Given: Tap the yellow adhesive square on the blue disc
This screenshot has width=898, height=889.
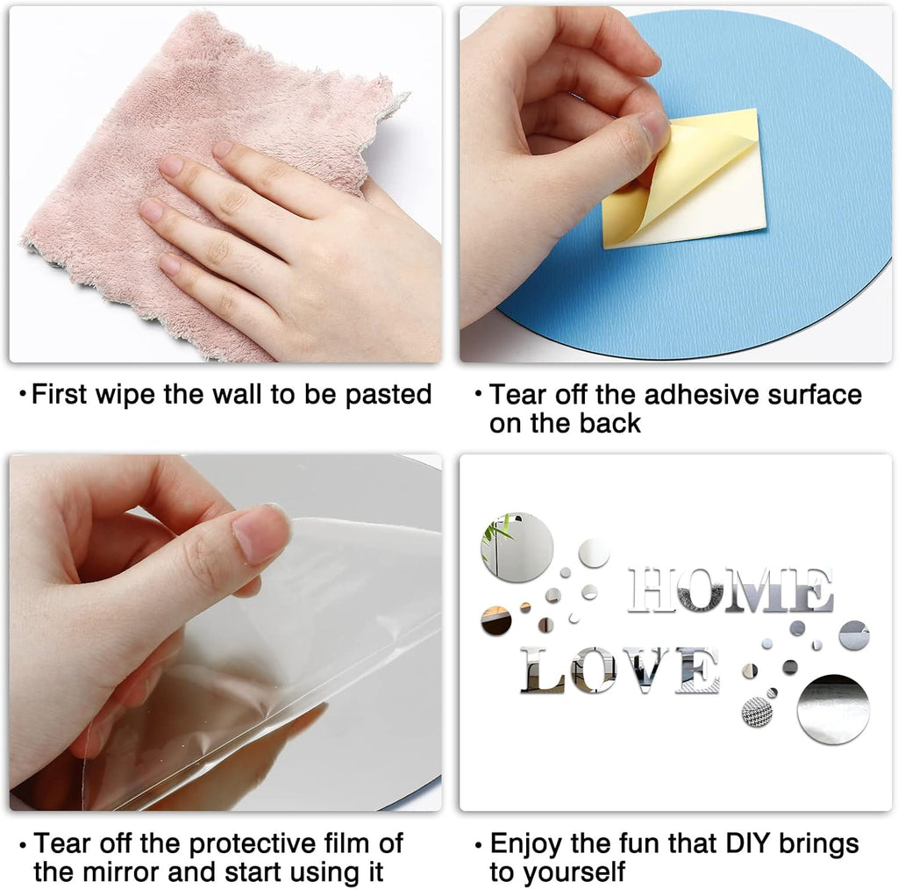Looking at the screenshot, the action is pyautogui.click(x=688, y=177).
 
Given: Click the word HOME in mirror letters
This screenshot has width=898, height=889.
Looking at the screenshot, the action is pyautogui.click(x=731, y=590).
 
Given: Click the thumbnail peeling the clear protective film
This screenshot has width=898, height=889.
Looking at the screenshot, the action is pyautogui.click(x=225, y=632).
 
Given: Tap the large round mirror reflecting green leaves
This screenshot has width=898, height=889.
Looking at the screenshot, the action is pyautogui.click(x=517, y=547).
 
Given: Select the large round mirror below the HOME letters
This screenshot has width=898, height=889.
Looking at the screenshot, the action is pyautogui.click(x=833, y=708).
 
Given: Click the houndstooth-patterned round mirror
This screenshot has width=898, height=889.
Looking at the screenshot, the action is pyautogui.click(x=757, y=713).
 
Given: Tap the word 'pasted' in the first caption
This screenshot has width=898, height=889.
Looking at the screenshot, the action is pyautogui.click(x=388, y=395).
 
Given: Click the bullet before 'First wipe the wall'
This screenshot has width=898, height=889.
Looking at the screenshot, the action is pyautogui.click(x=23, y=394).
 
